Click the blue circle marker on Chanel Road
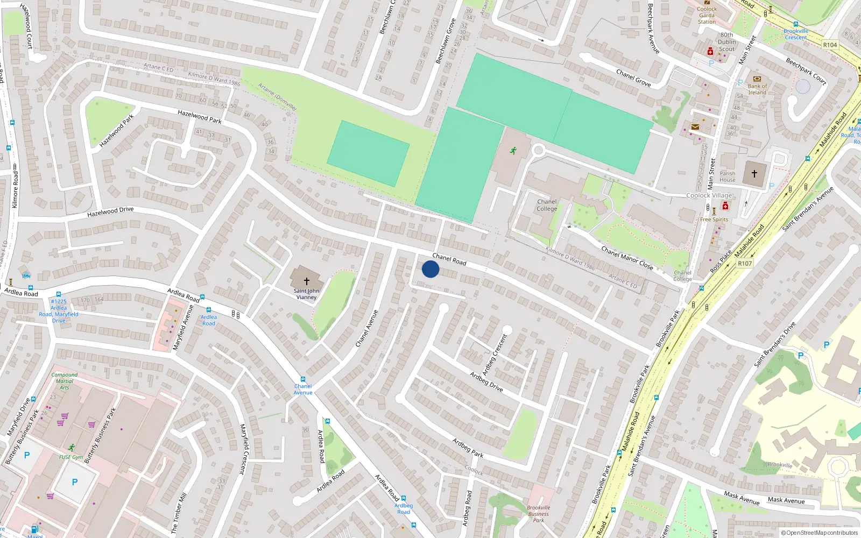click(x=430, y=269)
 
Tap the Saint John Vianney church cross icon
click(x=307, y=281)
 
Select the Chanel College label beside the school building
click(x=547, y=206)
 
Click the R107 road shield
click(x=745, y=264)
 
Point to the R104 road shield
click(x=830, y=45)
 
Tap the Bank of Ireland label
click(x=757, y=89)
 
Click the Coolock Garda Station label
click(x=707, y=16)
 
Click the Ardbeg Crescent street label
click(x=495, y=355)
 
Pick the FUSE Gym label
click(x=71, y=457)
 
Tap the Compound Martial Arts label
click(x=65, y=381)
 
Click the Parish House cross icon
click(x=754, y=174)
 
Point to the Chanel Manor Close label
click(x=627, y=258)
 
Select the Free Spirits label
click(x=714, y=220)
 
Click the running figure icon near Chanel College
click(x=513, y=151)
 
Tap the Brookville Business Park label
click(x=539, y=514)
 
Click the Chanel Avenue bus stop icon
click(x=303, y=379)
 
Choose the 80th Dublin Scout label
click(x=726, y=42)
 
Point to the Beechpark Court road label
click(x=806, y=71)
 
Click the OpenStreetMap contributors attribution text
click(x=819, y=533)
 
